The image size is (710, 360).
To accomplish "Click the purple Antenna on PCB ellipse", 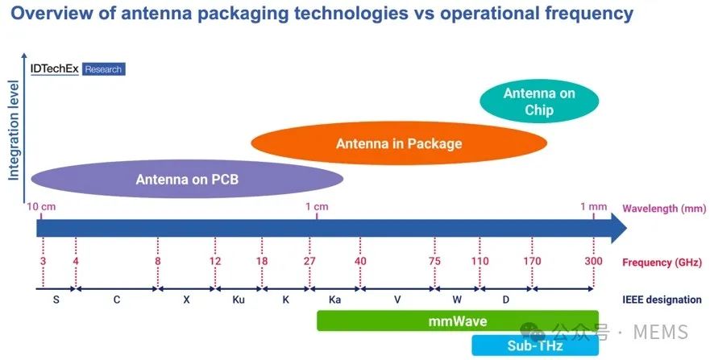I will tap(187, 178).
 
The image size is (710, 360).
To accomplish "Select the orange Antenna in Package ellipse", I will tap(399, 144).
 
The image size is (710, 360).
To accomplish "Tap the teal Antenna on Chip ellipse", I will tap(539, 102).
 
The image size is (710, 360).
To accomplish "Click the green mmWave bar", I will tap(457, 321).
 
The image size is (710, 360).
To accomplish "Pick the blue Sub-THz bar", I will tap(535, 346).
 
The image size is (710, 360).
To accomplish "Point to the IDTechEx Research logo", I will tap(77, 69).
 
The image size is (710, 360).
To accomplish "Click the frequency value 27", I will tap(310, 262).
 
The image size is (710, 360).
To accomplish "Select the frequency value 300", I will tap(594, 262).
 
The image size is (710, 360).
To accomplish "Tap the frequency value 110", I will tap(480, 262).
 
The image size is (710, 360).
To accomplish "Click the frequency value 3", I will tap(42, 262).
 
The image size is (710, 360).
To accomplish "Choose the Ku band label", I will tap(239, 300).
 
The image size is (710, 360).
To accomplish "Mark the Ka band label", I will tap(334, 300).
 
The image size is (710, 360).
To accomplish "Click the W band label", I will tap(457, 300).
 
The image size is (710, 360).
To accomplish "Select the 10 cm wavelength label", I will tap(42, 206).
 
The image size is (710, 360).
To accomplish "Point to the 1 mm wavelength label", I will tap(593, 206).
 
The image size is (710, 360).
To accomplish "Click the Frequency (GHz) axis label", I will tap(662, 263).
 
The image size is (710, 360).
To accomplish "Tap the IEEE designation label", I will tap(662, 300).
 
